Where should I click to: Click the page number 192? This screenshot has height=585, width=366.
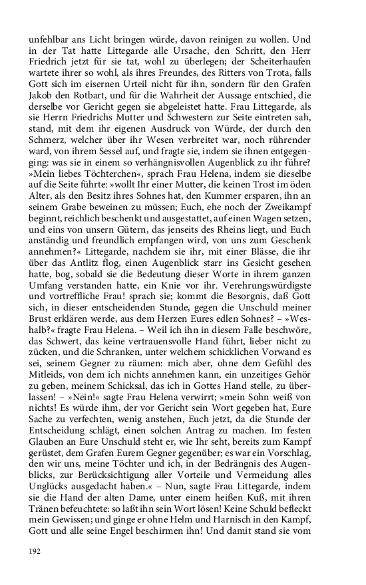[x=35, y=551]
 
